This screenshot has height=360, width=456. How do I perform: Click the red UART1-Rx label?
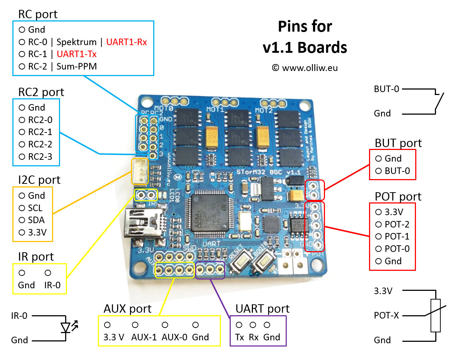click(126, 42)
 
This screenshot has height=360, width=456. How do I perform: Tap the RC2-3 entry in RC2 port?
click(40, 157)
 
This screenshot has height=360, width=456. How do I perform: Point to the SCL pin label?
click(35, 208)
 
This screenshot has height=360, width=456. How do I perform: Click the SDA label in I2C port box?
click(36, 220)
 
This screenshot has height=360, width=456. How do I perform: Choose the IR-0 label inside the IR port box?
click(52, 285)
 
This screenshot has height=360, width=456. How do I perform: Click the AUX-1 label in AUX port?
click(144, 337)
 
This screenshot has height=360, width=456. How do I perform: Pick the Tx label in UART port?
click(239, 337)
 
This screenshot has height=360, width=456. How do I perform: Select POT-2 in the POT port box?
click(397, 225)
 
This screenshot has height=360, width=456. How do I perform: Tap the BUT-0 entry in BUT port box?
click(397, 171)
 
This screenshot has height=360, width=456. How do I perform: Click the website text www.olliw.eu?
click(310, 68)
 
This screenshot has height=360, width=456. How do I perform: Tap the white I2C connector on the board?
click(140, 171)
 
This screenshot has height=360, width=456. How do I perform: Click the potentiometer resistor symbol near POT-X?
click(435, 315)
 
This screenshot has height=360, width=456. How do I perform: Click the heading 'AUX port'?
click(127, 309)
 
